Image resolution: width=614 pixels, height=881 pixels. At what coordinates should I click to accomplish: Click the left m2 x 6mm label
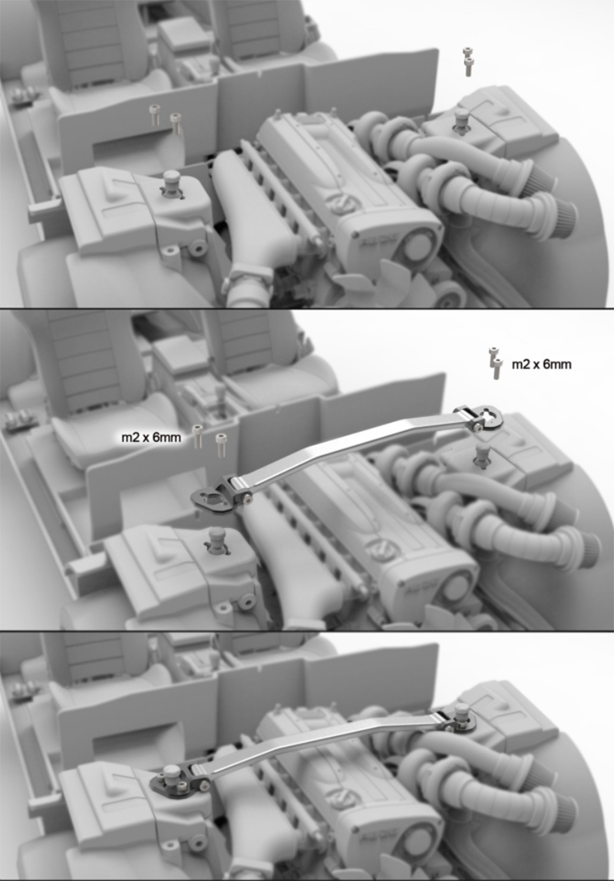[x=151, y=437]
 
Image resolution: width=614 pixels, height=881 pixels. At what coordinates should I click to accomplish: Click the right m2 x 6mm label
[x=542, y=364]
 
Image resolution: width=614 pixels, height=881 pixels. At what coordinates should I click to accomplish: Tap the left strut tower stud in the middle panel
[x=216, y=540]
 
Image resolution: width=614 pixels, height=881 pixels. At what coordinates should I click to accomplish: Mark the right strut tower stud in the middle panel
[x=482, y=454]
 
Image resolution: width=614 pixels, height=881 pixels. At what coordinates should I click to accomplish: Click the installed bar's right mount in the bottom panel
[x=456, y=718]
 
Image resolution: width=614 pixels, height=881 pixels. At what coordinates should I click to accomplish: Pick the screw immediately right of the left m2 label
[x=197, y=437]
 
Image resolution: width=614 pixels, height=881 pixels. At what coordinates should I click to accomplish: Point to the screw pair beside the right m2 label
[x=495, y=363]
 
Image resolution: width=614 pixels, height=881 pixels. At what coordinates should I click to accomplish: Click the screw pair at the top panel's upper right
[x=467, y=61]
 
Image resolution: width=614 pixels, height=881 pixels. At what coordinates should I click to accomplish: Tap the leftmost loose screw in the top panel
[x=154, y=114]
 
